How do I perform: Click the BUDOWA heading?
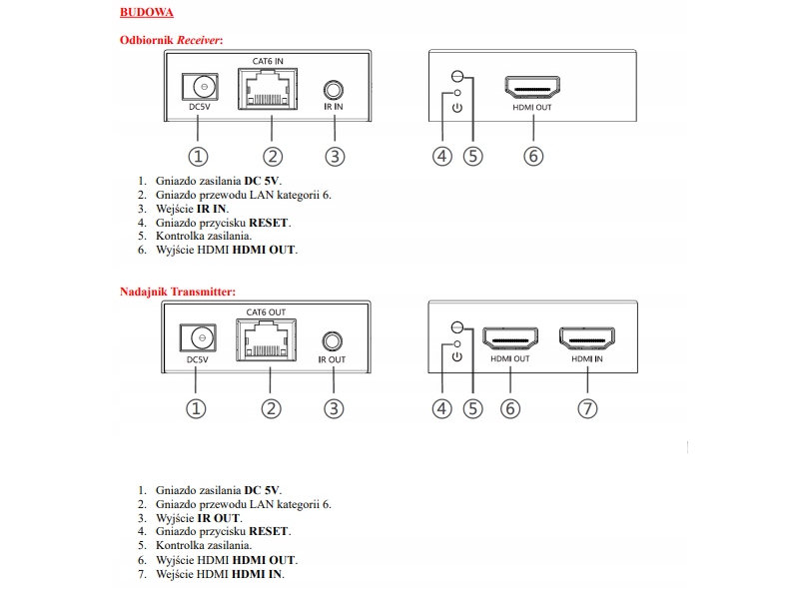[x=147, y=12]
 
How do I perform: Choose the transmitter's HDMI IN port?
[x=587, y=337]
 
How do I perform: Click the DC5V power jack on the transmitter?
[x=198, y=338]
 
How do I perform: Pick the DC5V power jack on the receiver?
[x=199, y=87]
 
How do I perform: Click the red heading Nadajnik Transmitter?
[x=177, y=292]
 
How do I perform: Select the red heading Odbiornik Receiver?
[x=171, y=39]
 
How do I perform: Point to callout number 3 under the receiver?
[x=335, y=156]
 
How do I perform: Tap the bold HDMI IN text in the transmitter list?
[x=258, y=574]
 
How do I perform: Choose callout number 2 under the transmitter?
[x=270, y=408]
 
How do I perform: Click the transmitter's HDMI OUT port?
[x=509, y=337]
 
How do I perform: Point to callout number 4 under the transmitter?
[x=442, y=408]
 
